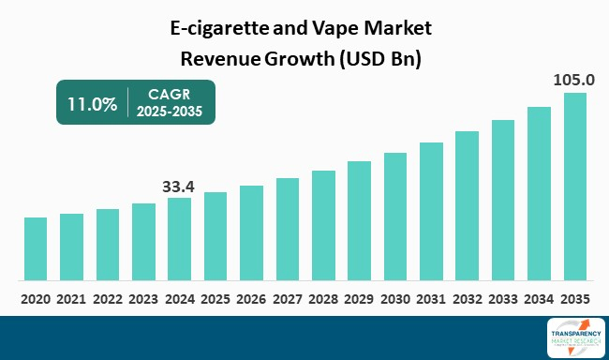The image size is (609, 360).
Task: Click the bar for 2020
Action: [36, 248]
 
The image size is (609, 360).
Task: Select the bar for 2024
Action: [179, 238]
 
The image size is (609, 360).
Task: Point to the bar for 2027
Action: [287, 229]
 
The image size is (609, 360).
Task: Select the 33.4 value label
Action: [178, 186]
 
